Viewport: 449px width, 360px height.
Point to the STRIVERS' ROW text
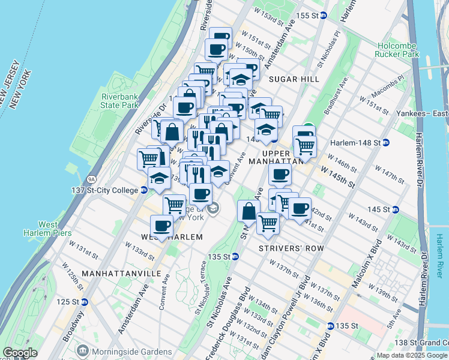[291, 248]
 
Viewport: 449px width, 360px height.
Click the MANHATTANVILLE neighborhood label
[122, 273]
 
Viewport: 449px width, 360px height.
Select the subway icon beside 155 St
[323, 16]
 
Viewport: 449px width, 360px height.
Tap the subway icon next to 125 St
[84, 302]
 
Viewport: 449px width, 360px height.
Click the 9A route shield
[91, 178]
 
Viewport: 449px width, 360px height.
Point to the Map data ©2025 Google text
[411, 355]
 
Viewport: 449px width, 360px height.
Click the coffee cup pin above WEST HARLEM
[161, 225]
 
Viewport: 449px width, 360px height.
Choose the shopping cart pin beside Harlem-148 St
[305, 145]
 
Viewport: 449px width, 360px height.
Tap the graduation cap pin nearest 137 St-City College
[159, 178]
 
